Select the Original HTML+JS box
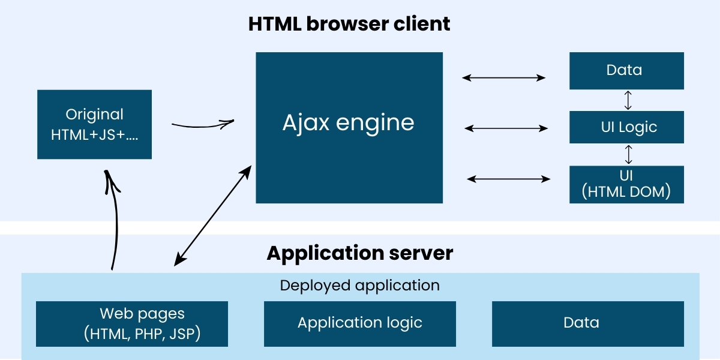coord(94,124)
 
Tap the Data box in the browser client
coord(626,71)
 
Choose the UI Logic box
coord(626,127)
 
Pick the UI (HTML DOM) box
coord(626,184)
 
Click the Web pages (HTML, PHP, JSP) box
coord(132,324)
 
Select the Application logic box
coord(360,324)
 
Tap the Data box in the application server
coord(588,324)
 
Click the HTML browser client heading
coord(349,24)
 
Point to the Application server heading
coord(360,253)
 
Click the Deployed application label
coord(360,286)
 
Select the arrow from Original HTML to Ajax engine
coord(202,125)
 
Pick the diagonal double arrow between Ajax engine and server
coord(213,216)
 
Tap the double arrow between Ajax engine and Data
coord(504,77)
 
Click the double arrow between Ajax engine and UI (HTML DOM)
coord(509,179)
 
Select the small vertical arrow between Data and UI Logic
coord(628,100)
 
